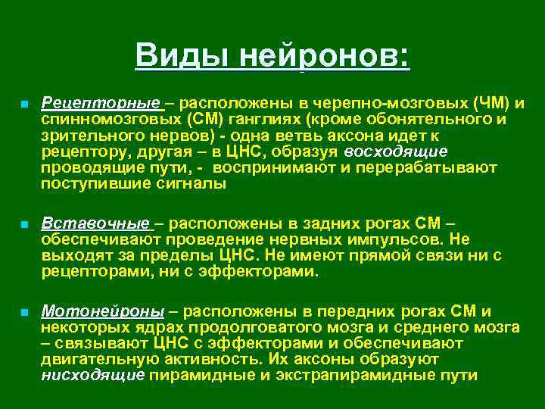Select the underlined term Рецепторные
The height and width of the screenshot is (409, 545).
101,102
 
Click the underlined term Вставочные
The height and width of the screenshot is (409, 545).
95,223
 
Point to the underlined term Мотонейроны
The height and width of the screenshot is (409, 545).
102,311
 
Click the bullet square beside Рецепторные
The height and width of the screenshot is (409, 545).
24,103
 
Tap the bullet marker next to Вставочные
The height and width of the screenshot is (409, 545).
24,225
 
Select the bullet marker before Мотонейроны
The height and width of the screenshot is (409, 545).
24,312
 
